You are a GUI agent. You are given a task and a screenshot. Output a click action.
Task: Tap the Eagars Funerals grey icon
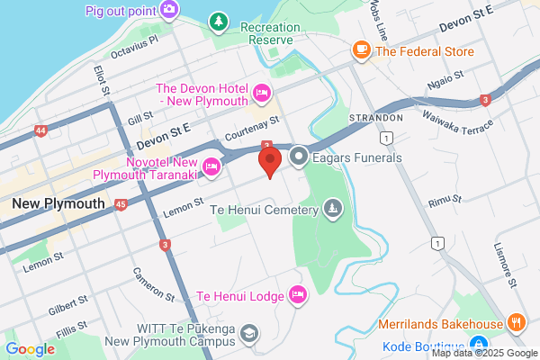click(x=299, y=157)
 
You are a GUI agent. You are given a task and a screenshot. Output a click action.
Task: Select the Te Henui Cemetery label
click(x=265, y=211)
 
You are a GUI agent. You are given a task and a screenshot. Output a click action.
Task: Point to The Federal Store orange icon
click(x=362, y=51)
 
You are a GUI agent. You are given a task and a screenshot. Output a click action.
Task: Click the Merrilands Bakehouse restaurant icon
click(x=516, y=323)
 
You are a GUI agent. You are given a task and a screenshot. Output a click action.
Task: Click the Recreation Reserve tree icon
click(x=218, y=20)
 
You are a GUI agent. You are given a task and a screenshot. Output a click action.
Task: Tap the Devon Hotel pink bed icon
click(x=263, y=91)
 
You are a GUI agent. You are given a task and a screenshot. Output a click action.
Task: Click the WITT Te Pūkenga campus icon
click(x=247, y=334)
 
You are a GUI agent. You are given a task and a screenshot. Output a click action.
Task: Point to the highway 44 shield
click(x=40, y=131)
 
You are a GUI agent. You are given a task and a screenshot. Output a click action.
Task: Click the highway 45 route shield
click(x=121, y=205)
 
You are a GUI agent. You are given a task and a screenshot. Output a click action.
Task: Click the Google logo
click(x=30, y=349)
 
